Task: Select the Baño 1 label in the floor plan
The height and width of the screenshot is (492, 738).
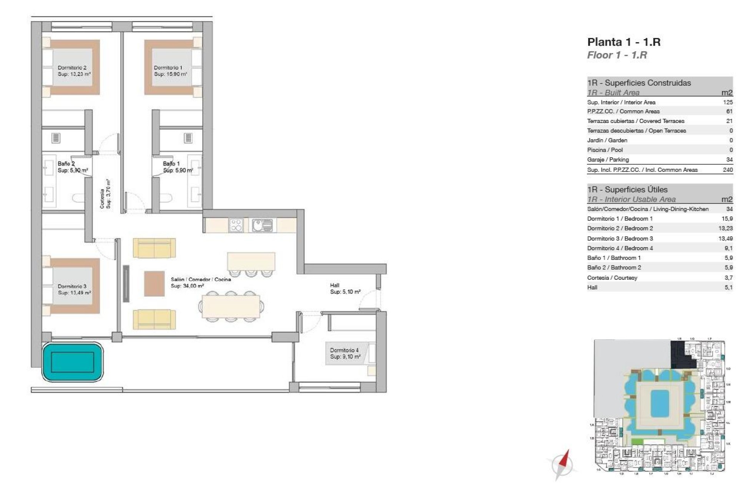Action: click(x=172, y=164)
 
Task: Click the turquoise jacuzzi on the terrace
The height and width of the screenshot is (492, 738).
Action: click(x=73, y=362)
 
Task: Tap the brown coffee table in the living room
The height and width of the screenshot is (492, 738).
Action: click(x=154, y=284)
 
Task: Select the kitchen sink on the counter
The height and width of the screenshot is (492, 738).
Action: click(x=262, y=225)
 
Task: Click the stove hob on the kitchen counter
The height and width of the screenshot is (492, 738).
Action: click(x=236, y=225)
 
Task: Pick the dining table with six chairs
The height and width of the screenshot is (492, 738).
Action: click(x=231, y=306)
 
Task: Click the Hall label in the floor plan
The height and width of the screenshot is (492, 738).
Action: click(x=335, y=285)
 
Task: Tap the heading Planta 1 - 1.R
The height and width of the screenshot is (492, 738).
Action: click(x=623, y=42)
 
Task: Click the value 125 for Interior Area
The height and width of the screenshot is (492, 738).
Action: click(x=728, y=102)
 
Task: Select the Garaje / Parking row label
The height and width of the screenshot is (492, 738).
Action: click(x=608, y=160)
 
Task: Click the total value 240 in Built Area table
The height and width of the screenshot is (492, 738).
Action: click(x=728, y=170)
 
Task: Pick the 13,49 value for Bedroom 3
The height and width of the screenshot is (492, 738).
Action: click(x=725, y=238)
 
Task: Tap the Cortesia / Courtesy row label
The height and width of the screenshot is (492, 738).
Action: click(x=612, y=278)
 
